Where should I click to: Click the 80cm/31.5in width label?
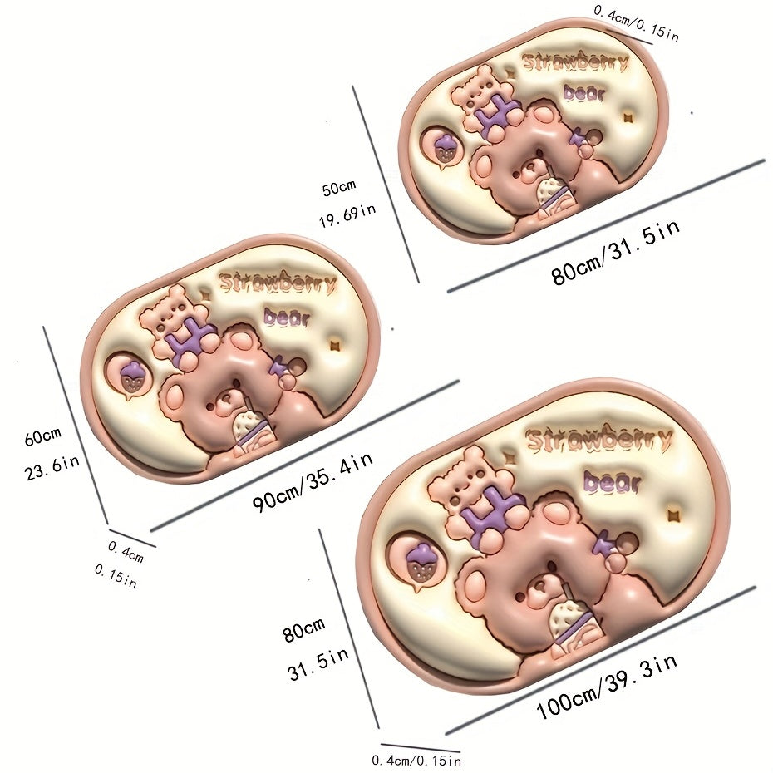coord(616,251)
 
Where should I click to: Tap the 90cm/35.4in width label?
coord(313,482)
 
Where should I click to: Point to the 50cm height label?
coord(338,187)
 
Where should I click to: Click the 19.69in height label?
coord(347,215)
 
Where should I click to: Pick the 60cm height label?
coord(42,436)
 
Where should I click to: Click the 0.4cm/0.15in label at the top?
coord(636,23)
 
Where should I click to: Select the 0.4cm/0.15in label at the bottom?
coord(416,760)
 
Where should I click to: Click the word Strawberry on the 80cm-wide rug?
coord(575,62)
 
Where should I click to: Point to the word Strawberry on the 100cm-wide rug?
coord(599,438)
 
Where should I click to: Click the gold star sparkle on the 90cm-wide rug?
coord(336,345)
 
